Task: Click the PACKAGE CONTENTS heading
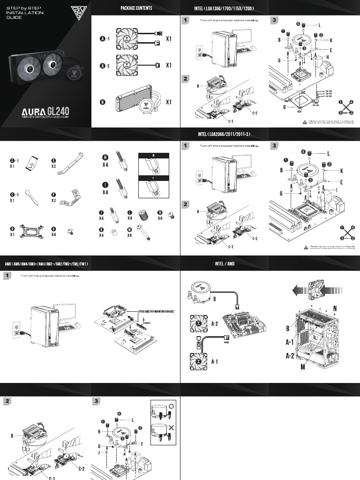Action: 136,8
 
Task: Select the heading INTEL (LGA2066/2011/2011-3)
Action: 225,135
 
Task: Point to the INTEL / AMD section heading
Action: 225,264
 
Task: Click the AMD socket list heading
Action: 46,264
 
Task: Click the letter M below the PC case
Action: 303,366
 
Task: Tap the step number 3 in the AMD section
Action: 96,401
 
